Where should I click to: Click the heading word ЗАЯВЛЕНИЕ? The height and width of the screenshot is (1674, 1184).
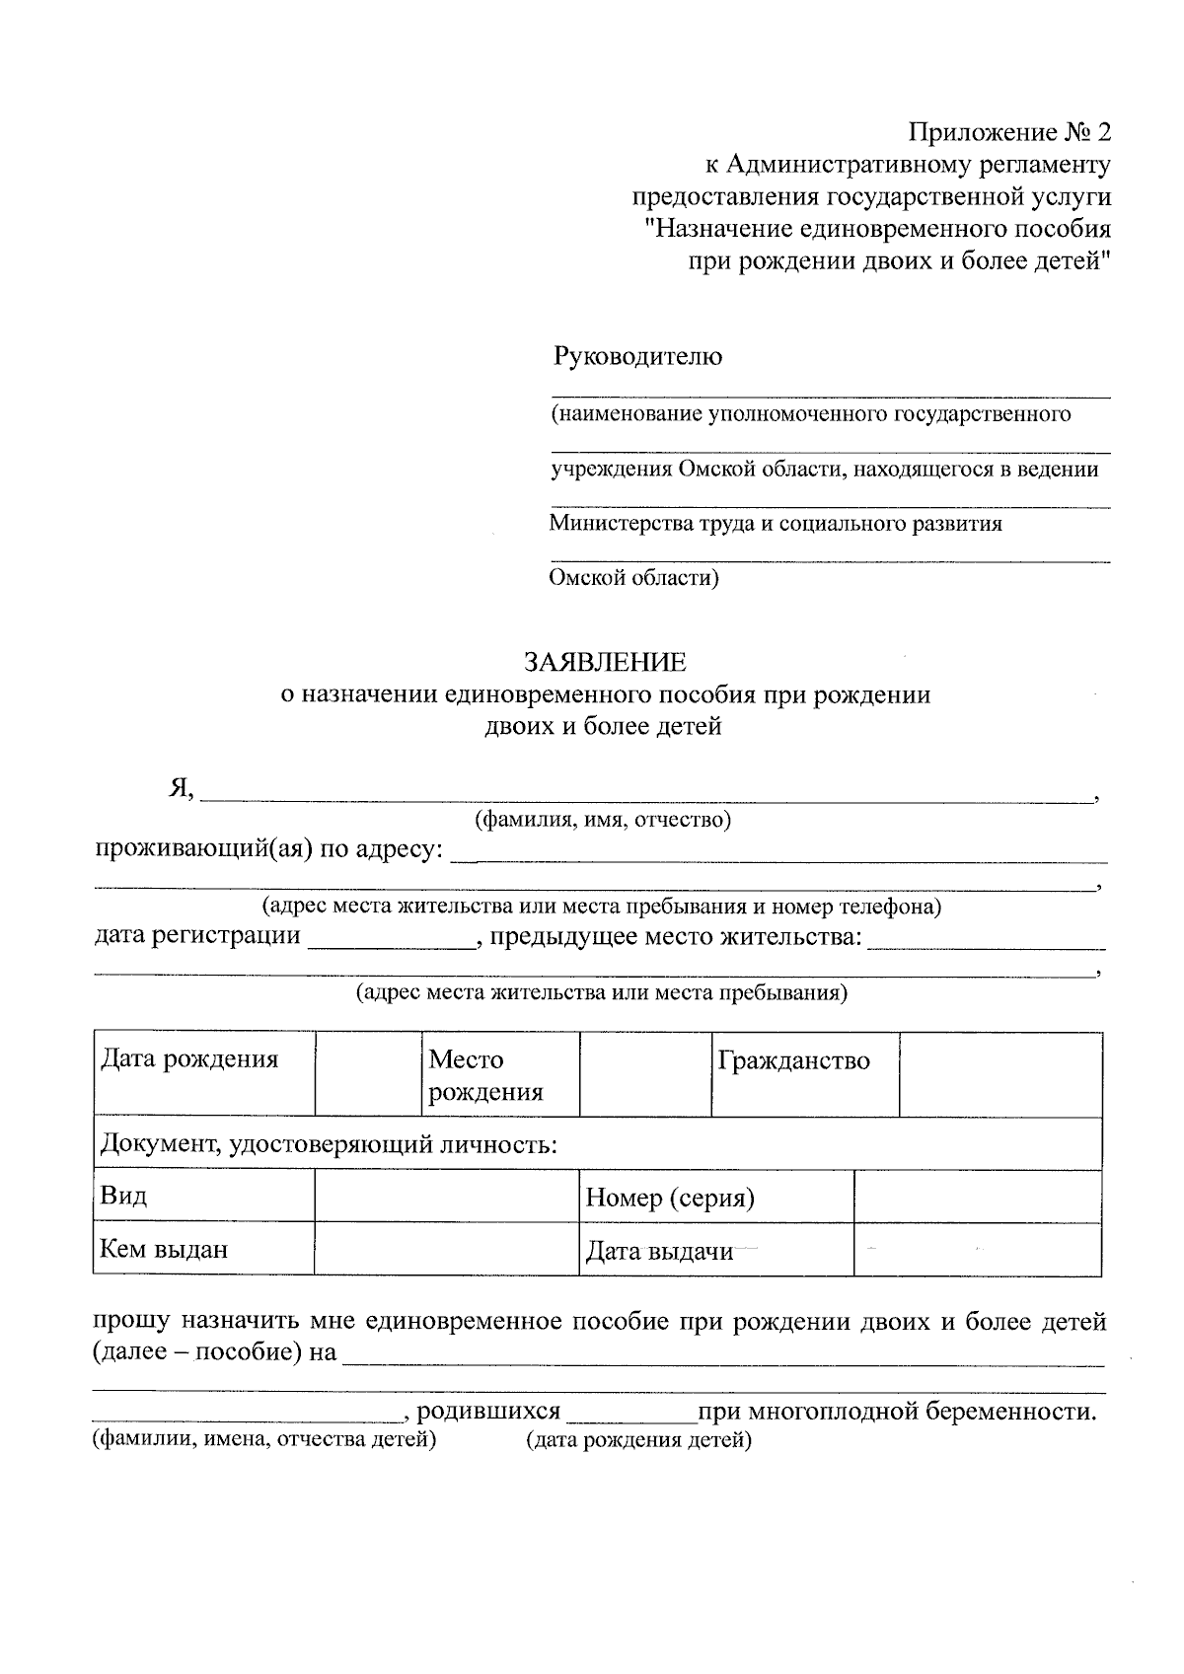click(605, 661)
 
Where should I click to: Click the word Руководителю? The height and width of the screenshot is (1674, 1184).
click(637, 356)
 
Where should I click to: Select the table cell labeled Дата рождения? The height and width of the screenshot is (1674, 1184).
click(203, 1072)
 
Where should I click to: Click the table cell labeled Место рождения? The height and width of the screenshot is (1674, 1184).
click(499, 1074)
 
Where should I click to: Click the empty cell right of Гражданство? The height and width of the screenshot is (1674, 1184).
click(1000, 1074)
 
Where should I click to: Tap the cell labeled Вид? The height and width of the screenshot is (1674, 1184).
click(203, 1197)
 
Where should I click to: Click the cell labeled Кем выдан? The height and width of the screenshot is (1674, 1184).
click(203, 1249)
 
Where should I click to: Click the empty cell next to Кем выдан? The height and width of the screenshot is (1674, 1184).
click(446, 1249)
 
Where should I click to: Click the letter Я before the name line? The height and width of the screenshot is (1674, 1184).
click(179, 789)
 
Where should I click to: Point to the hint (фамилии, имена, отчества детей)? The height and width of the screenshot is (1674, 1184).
click(264, 1440)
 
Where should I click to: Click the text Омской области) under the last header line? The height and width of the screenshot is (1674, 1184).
click(633, 578)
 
